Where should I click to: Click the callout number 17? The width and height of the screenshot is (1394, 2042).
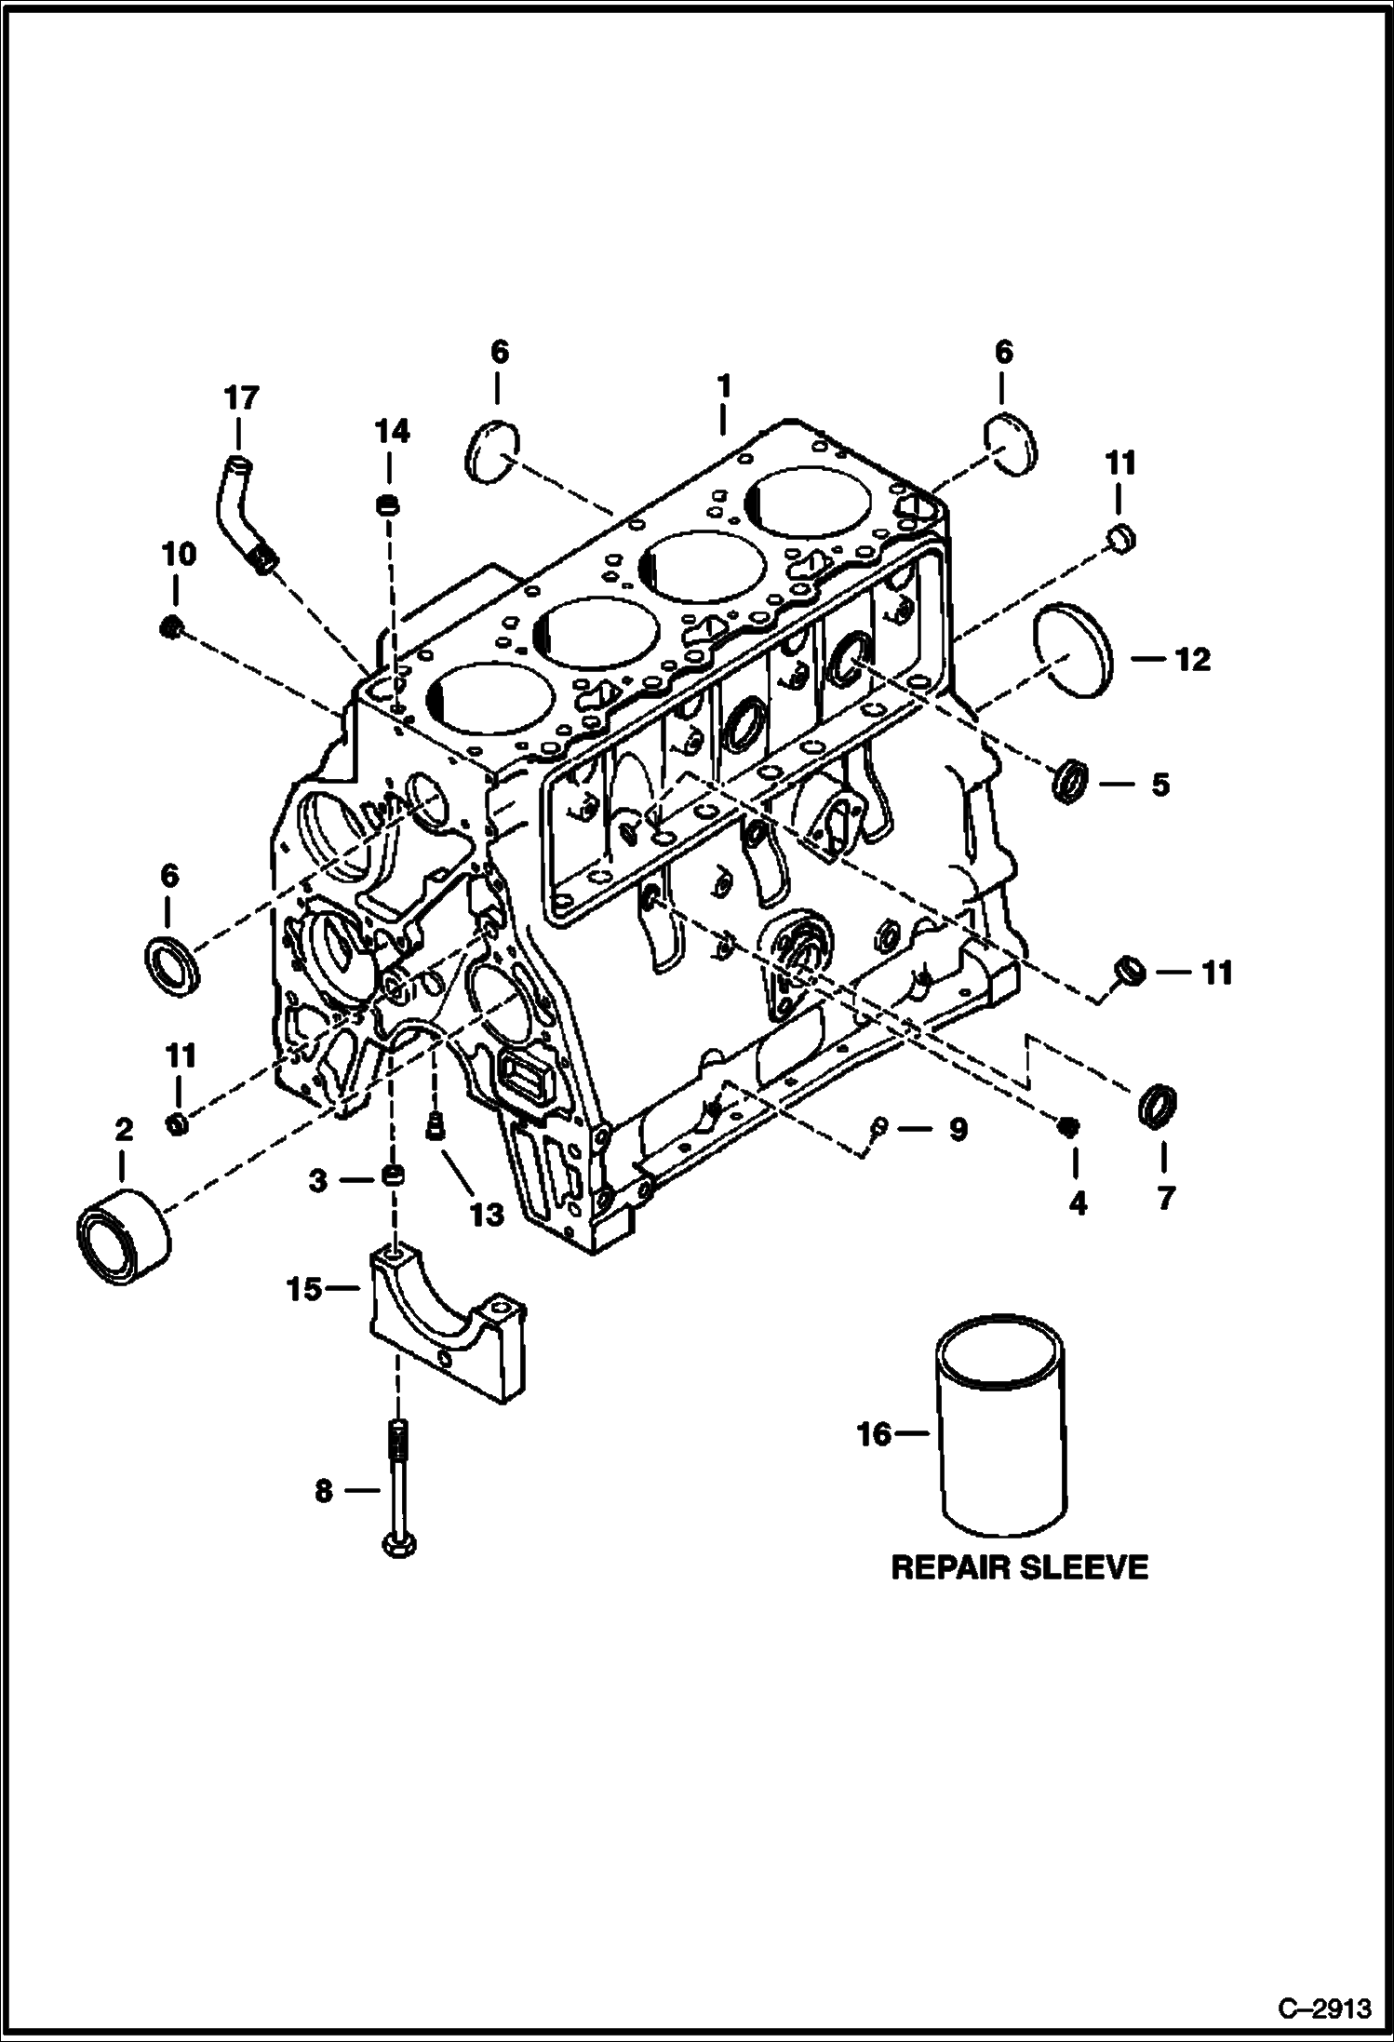(x=239, y=398)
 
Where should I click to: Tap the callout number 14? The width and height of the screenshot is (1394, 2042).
(x=392, y=431)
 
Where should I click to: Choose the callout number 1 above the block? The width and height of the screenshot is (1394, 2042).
(x=723, y=386)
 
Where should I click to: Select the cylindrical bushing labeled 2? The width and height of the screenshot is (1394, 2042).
(x=123, y=1237)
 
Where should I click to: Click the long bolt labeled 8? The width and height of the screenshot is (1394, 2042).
(x=398, y=1488)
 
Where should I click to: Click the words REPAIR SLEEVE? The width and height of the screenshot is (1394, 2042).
(x=1019, y=1568)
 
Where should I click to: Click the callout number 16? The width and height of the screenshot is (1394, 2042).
(x=875, y=1434)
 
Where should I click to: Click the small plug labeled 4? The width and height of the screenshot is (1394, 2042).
(x=1069, y=1127)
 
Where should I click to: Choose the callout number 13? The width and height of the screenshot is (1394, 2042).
(x=487, y=1214)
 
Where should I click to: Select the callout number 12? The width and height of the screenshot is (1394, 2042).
(x=1193, y=660)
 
